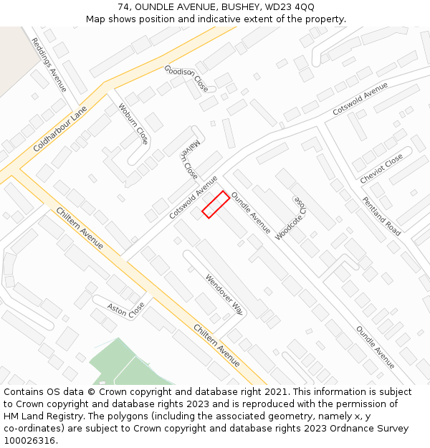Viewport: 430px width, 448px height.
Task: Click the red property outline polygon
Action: pos(215,204)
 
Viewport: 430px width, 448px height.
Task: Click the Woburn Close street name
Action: pos(133,124)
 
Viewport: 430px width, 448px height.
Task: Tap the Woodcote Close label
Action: pos(299,201)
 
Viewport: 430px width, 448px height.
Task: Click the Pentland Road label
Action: pos(381,216)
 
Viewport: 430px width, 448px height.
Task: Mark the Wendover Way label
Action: pos(224,295)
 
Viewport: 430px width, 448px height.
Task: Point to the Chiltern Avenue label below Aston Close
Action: pos(217,345)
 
